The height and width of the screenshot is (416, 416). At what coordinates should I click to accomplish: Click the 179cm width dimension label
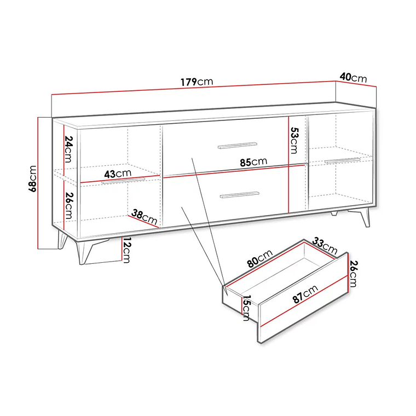[197, 82]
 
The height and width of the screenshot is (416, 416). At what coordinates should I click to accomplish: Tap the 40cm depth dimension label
[353, 77]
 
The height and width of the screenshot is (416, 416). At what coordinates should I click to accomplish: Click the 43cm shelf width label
[118, 174]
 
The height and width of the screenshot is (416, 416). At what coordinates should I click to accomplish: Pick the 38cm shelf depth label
[144, 217]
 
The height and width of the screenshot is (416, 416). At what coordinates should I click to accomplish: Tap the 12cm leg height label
[126, 251]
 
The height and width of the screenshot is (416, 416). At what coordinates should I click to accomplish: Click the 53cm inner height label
[294, 141]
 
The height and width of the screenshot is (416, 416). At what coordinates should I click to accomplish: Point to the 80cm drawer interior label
[260, 258]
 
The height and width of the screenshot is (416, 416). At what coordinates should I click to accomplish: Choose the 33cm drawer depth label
[325, 245]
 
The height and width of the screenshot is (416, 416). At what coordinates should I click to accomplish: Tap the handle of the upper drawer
[237, 145]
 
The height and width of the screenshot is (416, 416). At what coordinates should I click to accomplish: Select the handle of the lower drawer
[239, 194]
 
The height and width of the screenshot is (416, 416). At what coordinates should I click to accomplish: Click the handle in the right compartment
[342, 160]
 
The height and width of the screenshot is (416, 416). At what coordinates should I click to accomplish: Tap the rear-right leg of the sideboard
[334, 213]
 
